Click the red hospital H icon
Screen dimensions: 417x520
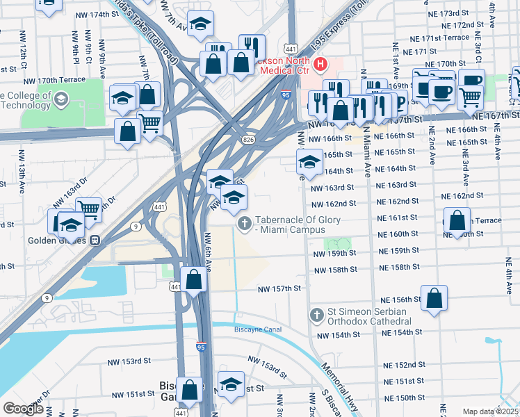pyautogui.click(x=320, y=65)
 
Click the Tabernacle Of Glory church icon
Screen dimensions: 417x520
pyautogui.click(x=244, y=223)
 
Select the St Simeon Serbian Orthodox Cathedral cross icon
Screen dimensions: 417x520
pyautogui.click(x=316, y=316)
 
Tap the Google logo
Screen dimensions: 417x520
pyautogui.click(x=24, y=409)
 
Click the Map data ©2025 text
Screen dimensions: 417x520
pyautogui.click(x=489, y=411)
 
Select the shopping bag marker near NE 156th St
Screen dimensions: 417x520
pyautogui.click(x=434, y=298)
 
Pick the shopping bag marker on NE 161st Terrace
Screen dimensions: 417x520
pyautogui.click(x=456, y=221)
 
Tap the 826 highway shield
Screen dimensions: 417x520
pyautogui.click(x=247, y=140)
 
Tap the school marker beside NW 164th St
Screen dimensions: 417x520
pyautogui.click(x=309, y=163)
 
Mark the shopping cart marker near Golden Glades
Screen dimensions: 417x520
pyautogui.click(x=88, y=208)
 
